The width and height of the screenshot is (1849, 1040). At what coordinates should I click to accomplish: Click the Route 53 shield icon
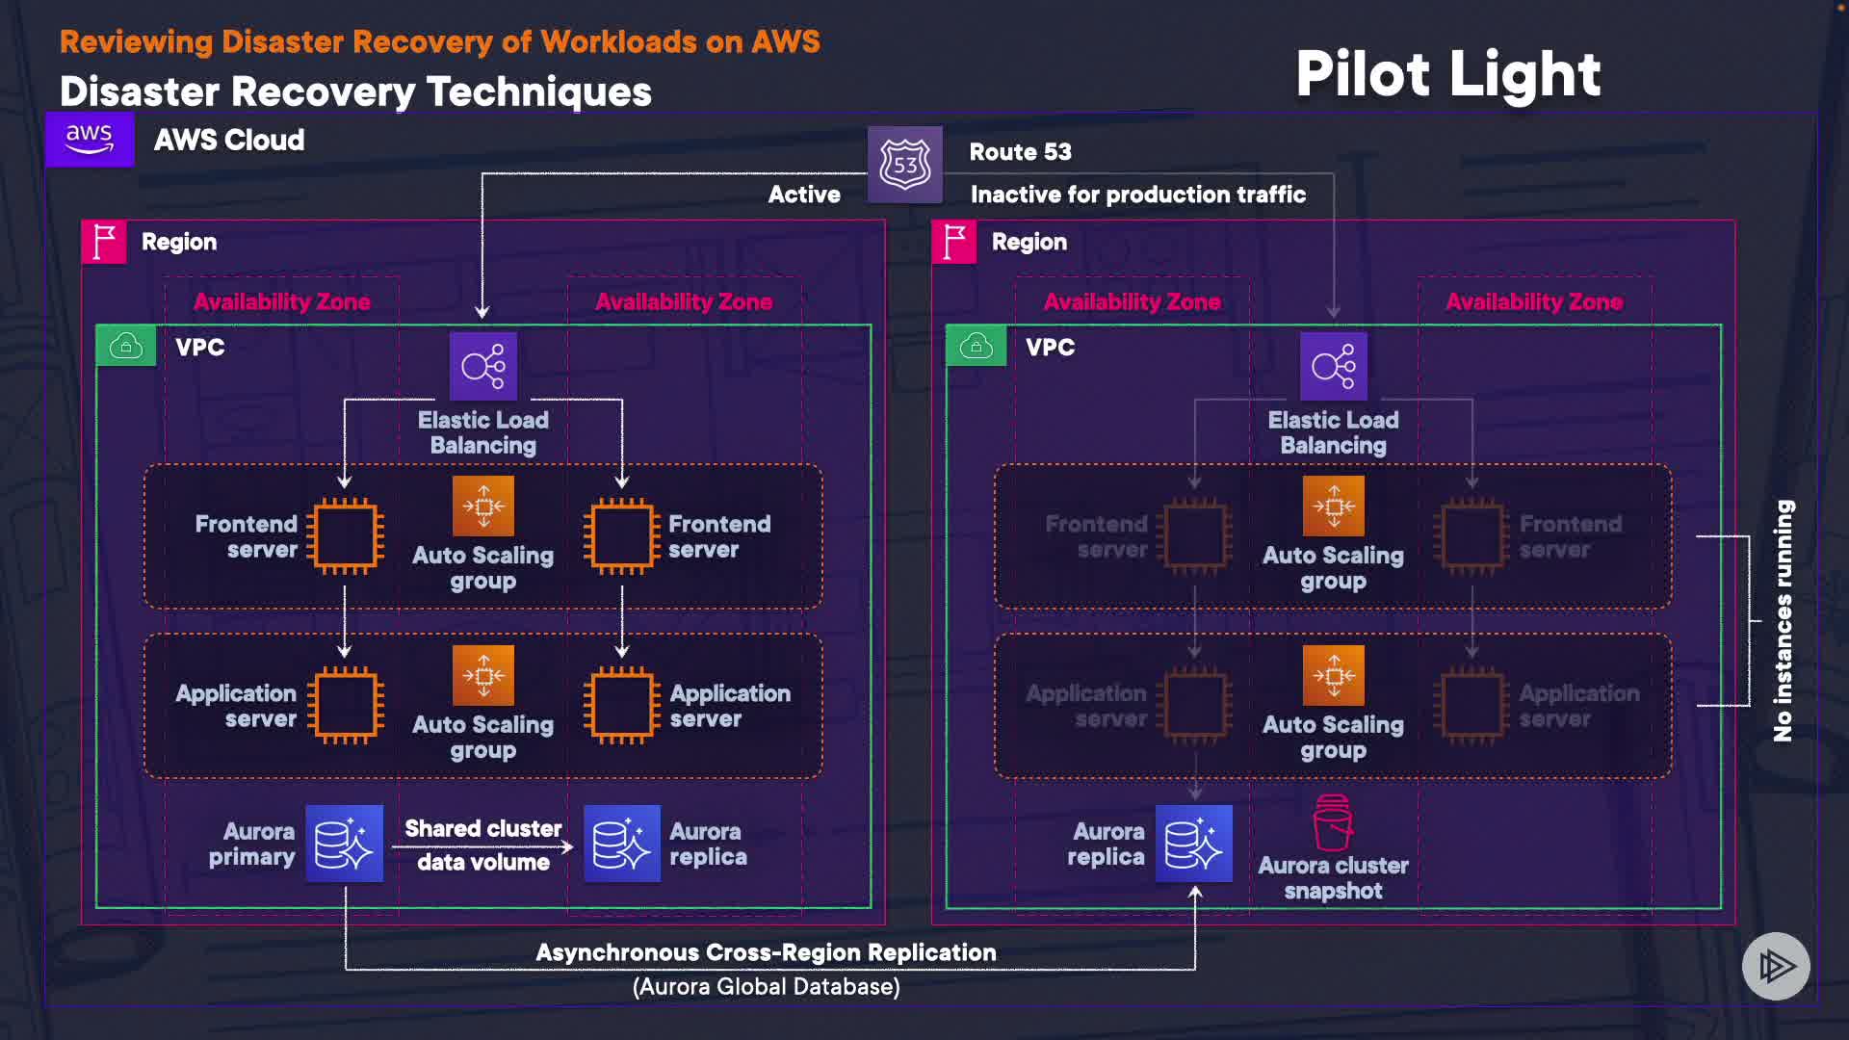click(x=904, y=165)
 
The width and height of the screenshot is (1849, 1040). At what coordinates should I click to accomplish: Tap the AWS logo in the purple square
click(x=90, y=140)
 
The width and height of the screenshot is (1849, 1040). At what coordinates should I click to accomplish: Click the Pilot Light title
click(x=1447, y=74)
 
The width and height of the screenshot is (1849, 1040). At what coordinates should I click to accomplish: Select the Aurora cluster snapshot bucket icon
click(x=1333, y=823)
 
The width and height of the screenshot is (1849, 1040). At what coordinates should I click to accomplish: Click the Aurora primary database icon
click(x=344, y=844)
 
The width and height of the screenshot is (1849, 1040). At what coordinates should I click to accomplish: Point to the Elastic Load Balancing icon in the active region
click(x=482, y=366)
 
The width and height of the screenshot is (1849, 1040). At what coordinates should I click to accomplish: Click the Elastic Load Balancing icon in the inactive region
click(x=1333, y=366)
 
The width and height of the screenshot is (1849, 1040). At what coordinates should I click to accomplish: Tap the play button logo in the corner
click(x=1776, y=966)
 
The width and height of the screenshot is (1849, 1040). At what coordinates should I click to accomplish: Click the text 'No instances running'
click(x=1784, y=620)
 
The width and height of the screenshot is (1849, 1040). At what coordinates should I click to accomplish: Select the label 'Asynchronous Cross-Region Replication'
click(x=766, y=952)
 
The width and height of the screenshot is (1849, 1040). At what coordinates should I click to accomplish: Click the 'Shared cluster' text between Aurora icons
click(x=482, y=828)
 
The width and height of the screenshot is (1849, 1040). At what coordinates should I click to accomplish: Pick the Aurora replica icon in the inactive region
click(x=1193, y=844)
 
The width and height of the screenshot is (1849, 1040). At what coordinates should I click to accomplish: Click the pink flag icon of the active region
click(x=104, y=242)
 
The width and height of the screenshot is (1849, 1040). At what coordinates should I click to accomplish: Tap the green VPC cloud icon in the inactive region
click(x=976, y=346)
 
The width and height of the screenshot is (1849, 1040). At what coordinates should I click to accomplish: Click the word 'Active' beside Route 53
click(x=804, y=195)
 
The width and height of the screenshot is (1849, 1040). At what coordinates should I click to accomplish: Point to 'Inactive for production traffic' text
click(x=1137, y=195)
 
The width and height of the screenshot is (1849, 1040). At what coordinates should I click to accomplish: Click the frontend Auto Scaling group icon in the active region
click(x=482, y=507)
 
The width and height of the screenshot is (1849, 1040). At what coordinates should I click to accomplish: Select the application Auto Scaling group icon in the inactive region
click(x=1333, y=676)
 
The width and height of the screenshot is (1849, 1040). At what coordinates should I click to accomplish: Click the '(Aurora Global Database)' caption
click(x=766, y=987)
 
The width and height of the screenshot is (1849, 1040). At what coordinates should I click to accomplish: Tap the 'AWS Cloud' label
click(x=229, y=141)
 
